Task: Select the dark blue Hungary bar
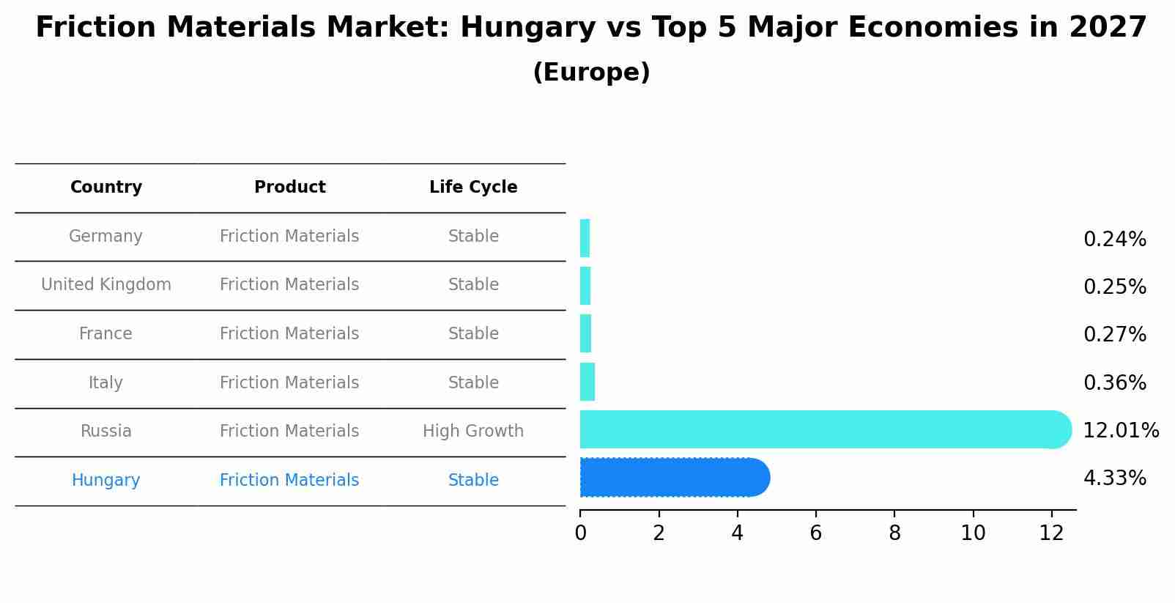point(674,478)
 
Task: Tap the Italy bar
point(587,382)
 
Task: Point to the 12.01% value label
point(1121,430)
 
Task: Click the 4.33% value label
point(1114,478)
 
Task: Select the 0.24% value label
point(1114,240)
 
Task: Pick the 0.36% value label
point(1114,382)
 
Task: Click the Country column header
point(106,188)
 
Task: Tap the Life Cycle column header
point(473,188)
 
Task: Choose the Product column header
point(290,188)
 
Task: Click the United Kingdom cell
point(106,285)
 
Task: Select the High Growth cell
point(473,432)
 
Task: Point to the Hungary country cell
point(106,481)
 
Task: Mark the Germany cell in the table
point(106,237)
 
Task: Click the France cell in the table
point(106,334)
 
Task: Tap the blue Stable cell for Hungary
point(473,481)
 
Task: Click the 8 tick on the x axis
point(894,533)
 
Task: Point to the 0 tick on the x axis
point(581,533)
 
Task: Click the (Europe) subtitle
point(591,73)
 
